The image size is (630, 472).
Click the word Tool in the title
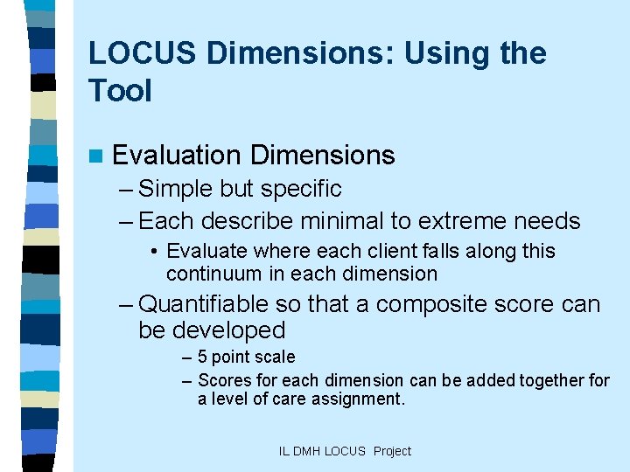point(120,90)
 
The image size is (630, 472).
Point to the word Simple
point(178,189)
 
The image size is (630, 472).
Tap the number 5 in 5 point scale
point(203,357)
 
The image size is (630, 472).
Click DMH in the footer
point(308,451)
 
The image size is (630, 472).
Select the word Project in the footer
point(392,451)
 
